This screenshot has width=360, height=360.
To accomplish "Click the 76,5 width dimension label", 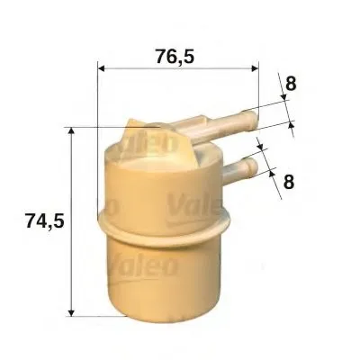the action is point(175,57).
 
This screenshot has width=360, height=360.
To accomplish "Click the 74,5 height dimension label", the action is point(45,221).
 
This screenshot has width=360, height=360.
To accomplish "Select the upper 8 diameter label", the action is point(291,83).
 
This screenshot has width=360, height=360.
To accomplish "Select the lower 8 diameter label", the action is point(289,181).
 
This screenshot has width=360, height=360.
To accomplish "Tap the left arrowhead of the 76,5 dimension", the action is point(101,68).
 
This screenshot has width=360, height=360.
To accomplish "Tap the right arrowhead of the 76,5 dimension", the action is point(255,68).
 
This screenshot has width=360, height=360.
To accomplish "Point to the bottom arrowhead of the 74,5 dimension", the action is point(71,312).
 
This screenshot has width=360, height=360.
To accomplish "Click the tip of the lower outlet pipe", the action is point(253,165).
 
